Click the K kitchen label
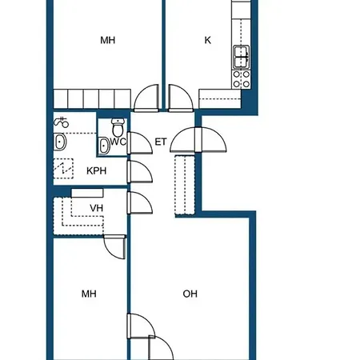pyautogui.click(x=208, y=40)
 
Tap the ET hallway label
pyautogui.click(x=161, y=142)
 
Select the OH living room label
pyautogui.click(x=190, y=294)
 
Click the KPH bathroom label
pyautogui.click(x=97, y=170)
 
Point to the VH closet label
pyautogui.click(x=97, y=208)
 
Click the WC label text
pyautogui.click(x=118, y=142)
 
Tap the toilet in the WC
pyautogui.click(x=118, y=127)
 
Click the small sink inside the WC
pyautogui.click(x=104, y=146)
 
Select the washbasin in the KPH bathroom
pyautogui.click(x=60, y=142)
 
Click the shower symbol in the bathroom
pyautogui.click(x=62, y=122)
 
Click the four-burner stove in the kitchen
pyautogui.click(x=242, y=79)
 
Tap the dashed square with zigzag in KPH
pyautogui.click(x=63, y=169)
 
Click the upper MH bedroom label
pyautogui.click(x=108, y=40)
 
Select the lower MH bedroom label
pyautogui.click(x=89, y=294)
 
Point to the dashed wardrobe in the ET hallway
pyautogui.click(x=185, y=185)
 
